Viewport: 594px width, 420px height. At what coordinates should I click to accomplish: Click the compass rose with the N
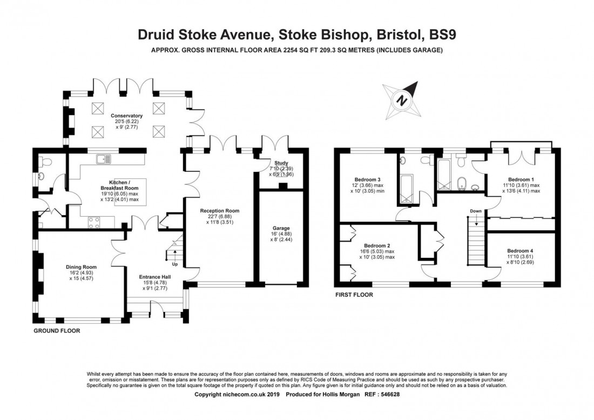point(402,100)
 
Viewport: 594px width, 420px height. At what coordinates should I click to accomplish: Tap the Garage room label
point(281,228)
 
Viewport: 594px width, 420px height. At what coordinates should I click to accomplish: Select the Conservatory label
point(126,116)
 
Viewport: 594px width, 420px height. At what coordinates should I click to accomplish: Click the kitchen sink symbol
point(104,159)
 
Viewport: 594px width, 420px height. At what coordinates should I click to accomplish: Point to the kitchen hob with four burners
point(94,222)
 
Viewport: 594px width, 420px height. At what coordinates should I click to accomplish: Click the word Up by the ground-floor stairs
point(174,264)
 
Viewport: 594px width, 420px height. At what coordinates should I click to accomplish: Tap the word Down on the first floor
point(476,211)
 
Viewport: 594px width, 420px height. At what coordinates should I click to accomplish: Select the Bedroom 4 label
point(520,251)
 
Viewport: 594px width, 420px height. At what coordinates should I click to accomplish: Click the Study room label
point(281,163)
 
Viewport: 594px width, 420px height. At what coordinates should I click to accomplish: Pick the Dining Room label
point(81,267)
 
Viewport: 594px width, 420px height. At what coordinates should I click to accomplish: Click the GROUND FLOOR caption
point(57,331)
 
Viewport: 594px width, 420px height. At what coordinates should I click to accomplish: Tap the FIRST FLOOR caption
point(354,295)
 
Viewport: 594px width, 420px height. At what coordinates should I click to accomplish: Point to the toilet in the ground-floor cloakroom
point(46,162)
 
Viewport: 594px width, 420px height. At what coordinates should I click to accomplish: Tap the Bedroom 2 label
point(377,245)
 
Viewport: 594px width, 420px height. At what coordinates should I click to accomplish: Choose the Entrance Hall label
point(155,277)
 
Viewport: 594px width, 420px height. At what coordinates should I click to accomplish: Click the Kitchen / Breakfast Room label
point(119,185)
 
